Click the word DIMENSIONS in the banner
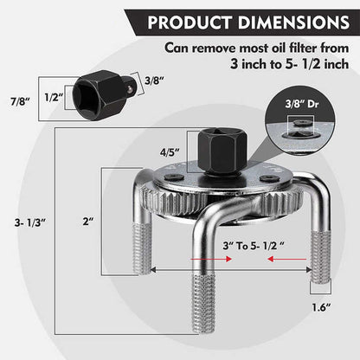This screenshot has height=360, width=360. (x=293, y=22)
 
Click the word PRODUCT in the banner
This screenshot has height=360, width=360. (x=190, y=22)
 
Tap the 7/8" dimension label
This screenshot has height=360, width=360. (x=21, y=101)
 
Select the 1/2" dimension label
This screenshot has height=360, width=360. (x=54, y=97)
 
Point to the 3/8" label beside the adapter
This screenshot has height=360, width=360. (x=154, y=80)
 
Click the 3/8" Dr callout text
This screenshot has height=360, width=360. (x=302, y=104)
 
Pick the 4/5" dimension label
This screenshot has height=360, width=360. (x=170, y=152)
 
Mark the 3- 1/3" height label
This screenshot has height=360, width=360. (x=30, y=222)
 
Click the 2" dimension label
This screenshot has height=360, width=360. (x=88, y=222)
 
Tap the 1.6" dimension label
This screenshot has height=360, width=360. (x=321, y=307)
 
